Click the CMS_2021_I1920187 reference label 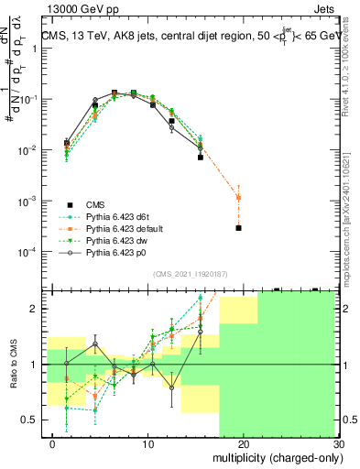coord(190,273)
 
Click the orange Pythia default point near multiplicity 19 coord(238,198)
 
